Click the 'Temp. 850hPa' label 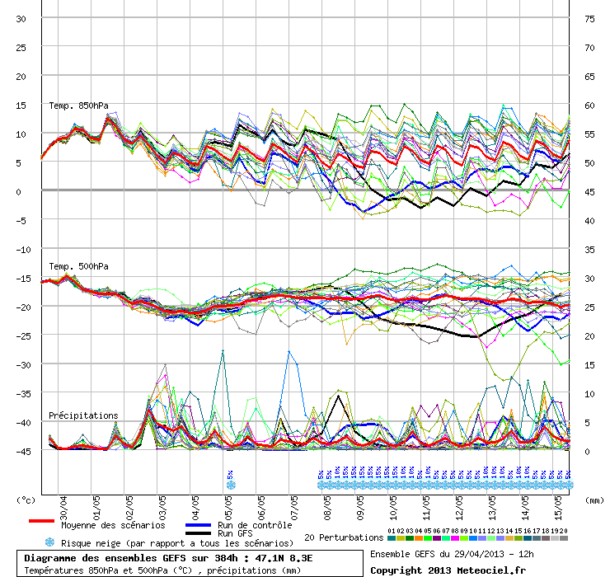click(x=78, y=106)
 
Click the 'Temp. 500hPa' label click(x=78, y=266)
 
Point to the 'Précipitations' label click(x=83, y=415)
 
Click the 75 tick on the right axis click(x=589, y=19)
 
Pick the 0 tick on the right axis click(x=588, y=451)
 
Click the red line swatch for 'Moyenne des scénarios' click(x=41, y=522)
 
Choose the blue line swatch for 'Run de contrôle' click(x=198, y=524)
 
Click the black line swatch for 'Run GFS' click(x=198, y=533)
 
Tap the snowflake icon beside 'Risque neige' click(x=50, y=542)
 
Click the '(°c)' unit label click(x=27, y=500)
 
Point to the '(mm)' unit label click(x=594, y=500)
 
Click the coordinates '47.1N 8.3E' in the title click(x=290, y=557)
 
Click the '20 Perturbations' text click(x=344, y=537)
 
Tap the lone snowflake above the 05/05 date click(x=231, y=485)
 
